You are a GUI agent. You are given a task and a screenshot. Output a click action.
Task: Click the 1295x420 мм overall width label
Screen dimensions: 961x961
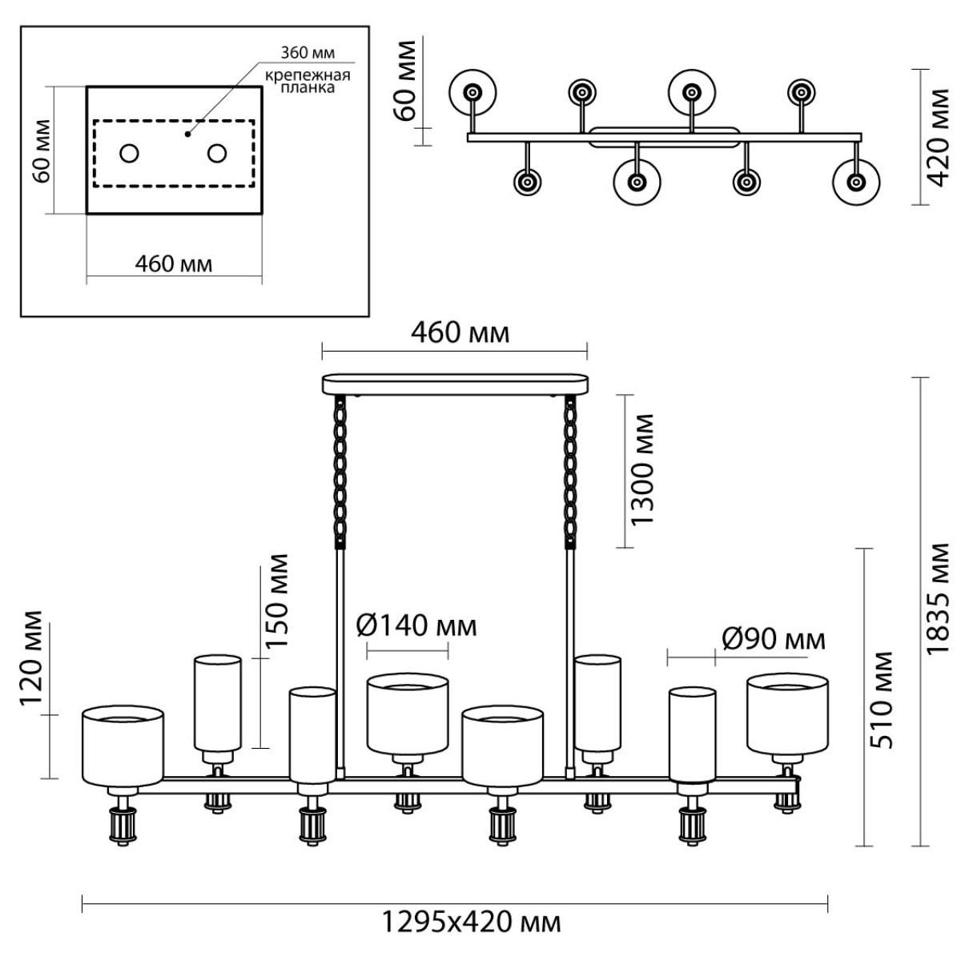tap(471, 923)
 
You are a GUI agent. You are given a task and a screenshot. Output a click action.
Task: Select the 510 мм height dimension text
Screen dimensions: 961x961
tap(880, 700)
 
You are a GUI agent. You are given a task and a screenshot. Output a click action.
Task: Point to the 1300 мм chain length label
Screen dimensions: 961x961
tap(641, 469)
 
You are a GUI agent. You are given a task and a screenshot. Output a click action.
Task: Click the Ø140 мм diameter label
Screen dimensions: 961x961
tap(417, 626)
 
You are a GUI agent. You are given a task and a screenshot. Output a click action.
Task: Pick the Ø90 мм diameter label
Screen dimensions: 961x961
tap(774, 639)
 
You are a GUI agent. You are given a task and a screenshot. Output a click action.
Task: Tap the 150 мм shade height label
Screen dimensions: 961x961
tap(277, 601)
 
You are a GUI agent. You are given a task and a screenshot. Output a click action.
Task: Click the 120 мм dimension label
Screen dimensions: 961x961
tap(32, 658)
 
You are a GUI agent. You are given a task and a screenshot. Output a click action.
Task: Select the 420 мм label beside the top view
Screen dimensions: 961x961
tap(940, 137)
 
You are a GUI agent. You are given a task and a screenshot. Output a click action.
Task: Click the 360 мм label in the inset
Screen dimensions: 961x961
tap(308, 52)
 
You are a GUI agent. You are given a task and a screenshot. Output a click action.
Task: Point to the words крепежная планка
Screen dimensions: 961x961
tap(308, 82)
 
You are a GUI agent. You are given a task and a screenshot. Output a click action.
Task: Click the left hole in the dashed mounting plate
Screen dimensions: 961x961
tap(129, 153)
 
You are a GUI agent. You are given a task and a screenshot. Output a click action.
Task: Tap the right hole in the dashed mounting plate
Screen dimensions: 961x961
tap(217, 153)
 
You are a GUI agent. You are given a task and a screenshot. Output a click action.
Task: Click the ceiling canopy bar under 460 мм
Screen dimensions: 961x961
tap(455, 384)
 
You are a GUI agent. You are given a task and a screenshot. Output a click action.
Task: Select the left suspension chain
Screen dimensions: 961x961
tap(340, 472)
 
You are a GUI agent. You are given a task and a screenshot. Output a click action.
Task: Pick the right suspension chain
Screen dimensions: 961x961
tap(569, 472)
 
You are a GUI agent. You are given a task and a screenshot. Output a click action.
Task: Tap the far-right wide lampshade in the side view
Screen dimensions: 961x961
tap(787, 714)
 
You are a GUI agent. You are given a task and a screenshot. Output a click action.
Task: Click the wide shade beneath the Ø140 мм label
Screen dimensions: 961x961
tap(408, 714)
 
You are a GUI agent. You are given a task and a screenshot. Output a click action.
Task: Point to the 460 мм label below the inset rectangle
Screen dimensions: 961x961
tap(174, 263)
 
